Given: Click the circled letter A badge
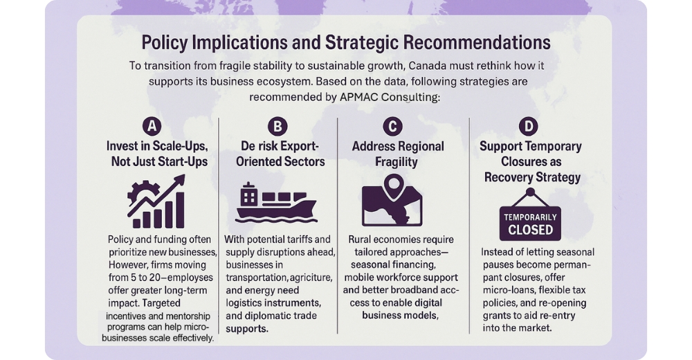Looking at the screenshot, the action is click(152, 127).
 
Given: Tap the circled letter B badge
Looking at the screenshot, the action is click(277, 127).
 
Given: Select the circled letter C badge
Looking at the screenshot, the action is click(392, 127).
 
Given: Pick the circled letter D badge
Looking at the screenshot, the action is click(528, 127).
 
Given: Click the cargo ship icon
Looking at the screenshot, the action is click(276, 202).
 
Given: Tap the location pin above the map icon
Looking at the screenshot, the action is click(394, 186).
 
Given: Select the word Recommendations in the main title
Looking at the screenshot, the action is click(477, 42).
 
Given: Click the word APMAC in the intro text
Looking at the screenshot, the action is click(359, 97).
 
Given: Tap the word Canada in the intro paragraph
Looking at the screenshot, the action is click(426, 66).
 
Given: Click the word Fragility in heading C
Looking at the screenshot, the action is click(397, 162).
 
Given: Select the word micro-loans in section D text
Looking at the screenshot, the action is click(507, 290).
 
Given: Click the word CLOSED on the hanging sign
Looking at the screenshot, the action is click(530, 230).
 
